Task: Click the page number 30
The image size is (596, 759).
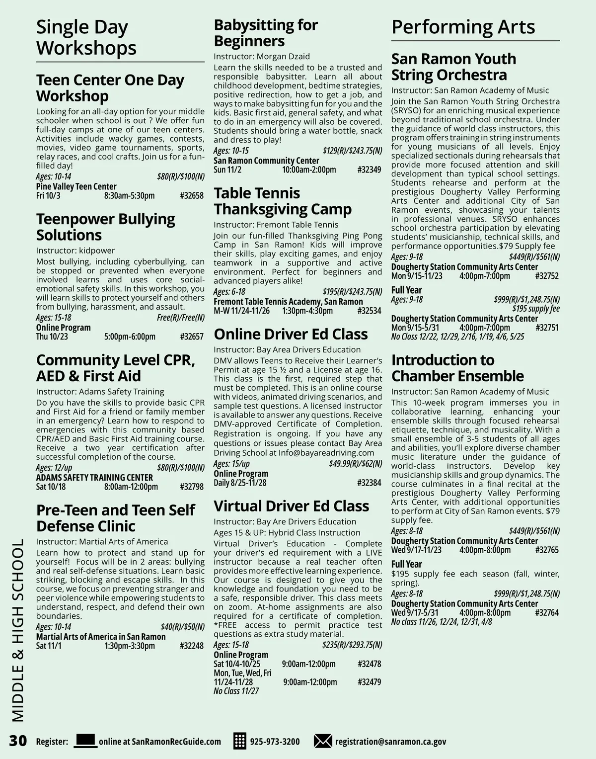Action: (18, 741)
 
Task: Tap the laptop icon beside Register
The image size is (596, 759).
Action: (85, 741)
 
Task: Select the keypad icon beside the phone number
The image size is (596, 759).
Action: (240, 741)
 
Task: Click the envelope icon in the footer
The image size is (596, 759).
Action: (323, 741)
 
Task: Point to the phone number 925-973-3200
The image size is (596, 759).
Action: (275, 742)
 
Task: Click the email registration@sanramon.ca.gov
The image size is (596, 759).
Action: (390, 742)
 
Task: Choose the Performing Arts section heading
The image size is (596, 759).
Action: (463, 27)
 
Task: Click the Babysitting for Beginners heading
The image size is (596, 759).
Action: (266, 33)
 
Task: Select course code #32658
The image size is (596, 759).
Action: (192, 196)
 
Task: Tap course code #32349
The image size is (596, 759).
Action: (369, 170)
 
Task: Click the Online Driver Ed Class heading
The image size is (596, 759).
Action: (291, 334)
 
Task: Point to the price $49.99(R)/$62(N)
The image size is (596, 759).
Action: (355, 464)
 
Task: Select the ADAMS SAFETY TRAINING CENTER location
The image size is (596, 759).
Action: (94, 478)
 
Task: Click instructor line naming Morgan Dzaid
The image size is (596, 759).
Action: (262, 56)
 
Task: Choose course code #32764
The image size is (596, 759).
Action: (547, 613)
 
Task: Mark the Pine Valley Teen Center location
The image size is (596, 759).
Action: (76, 187)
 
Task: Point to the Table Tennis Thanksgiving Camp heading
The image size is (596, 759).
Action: (283, 201)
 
